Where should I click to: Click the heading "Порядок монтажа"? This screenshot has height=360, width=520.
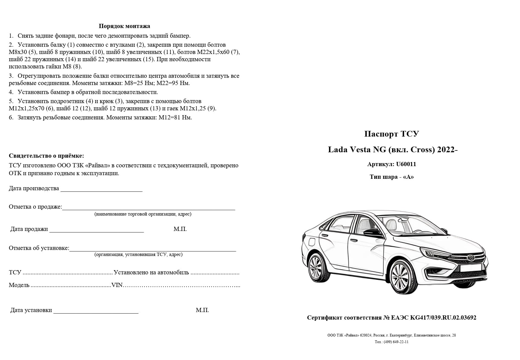tap(124, 26)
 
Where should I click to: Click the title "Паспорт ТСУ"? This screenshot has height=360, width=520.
tap(392, 134)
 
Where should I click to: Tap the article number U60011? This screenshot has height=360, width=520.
tap(406, 164)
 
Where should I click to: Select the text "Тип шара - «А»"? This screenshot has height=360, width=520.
tap(392, 177)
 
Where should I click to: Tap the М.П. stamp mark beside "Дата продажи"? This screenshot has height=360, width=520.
tap(180, 229)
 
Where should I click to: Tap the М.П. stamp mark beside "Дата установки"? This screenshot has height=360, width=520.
tap(202, 310)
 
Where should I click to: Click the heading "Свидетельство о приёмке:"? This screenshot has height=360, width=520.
tap(46, 156)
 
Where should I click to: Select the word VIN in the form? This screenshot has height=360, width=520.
tap(117, 285)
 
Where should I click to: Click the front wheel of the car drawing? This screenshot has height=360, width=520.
tap(404, 278)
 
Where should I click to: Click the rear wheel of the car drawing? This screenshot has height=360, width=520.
tap(318, 267)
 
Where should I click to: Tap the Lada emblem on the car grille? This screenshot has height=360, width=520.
tap(471, 257)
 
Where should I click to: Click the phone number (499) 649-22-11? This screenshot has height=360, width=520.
tap(396, 342)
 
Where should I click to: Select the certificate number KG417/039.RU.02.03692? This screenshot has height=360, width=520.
tap(443, 318)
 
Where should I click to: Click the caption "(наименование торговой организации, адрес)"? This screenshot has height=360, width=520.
tap(143, 214)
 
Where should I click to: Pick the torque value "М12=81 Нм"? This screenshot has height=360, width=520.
tap(175, 118)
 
